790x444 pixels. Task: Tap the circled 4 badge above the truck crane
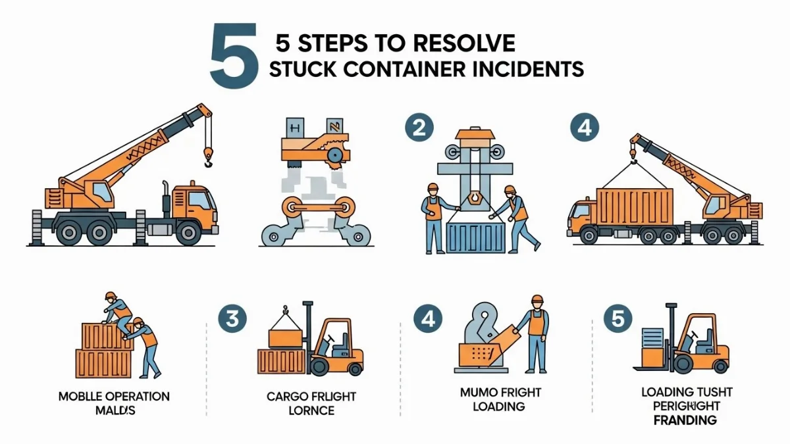click(x=584, y=128)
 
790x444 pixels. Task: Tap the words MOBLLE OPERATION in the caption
click(x=114, y=397)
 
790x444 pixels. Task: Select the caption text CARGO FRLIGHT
click(x=311, y=397)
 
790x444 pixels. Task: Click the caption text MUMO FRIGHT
click(x=500, y=393)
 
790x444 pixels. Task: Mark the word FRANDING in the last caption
click(x=685, y=420)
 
